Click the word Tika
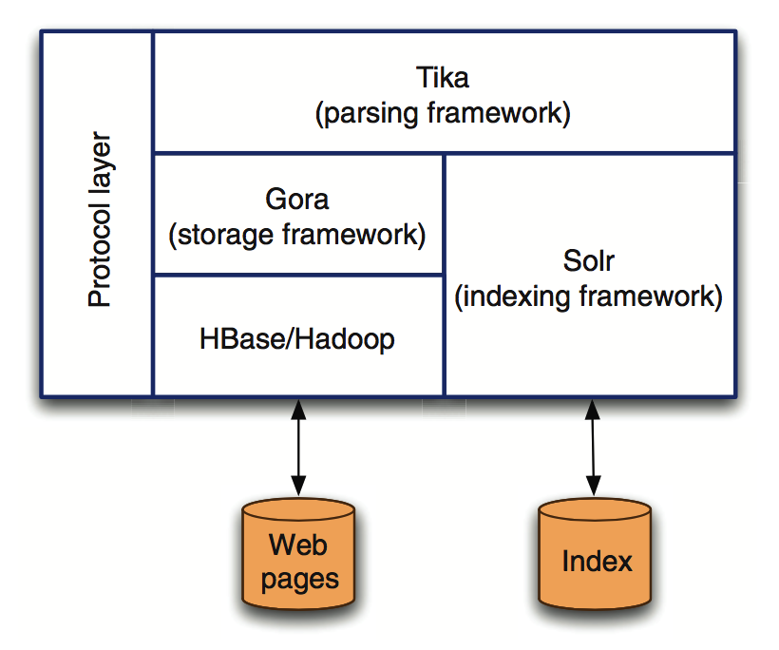click(x=443, y=78)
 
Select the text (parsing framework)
click(x=443, y=114)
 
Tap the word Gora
click(x=297, y=200)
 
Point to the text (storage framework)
click(x=297, y=235)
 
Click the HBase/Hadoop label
click(x=297, y=339)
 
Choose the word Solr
click(x=589, y=260)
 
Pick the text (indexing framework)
click(x=589, y=296)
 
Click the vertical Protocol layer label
click(x=100, y=220)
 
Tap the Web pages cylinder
click(x=298, y=554)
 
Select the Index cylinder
click(x=595, y=554)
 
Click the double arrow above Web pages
click(x=298, y=448)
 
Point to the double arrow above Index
click(x=593, y=448)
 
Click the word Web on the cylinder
click(x=298, y=545)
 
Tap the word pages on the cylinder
click(x=300, y=580)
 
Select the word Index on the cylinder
click(x=597, y=562)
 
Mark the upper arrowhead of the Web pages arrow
click(x=298, y=409)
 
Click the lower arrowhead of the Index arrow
click(x=594, y=486)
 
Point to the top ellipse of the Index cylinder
click(x=595, y=509)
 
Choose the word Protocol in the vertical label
click(x=100, y=255)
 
